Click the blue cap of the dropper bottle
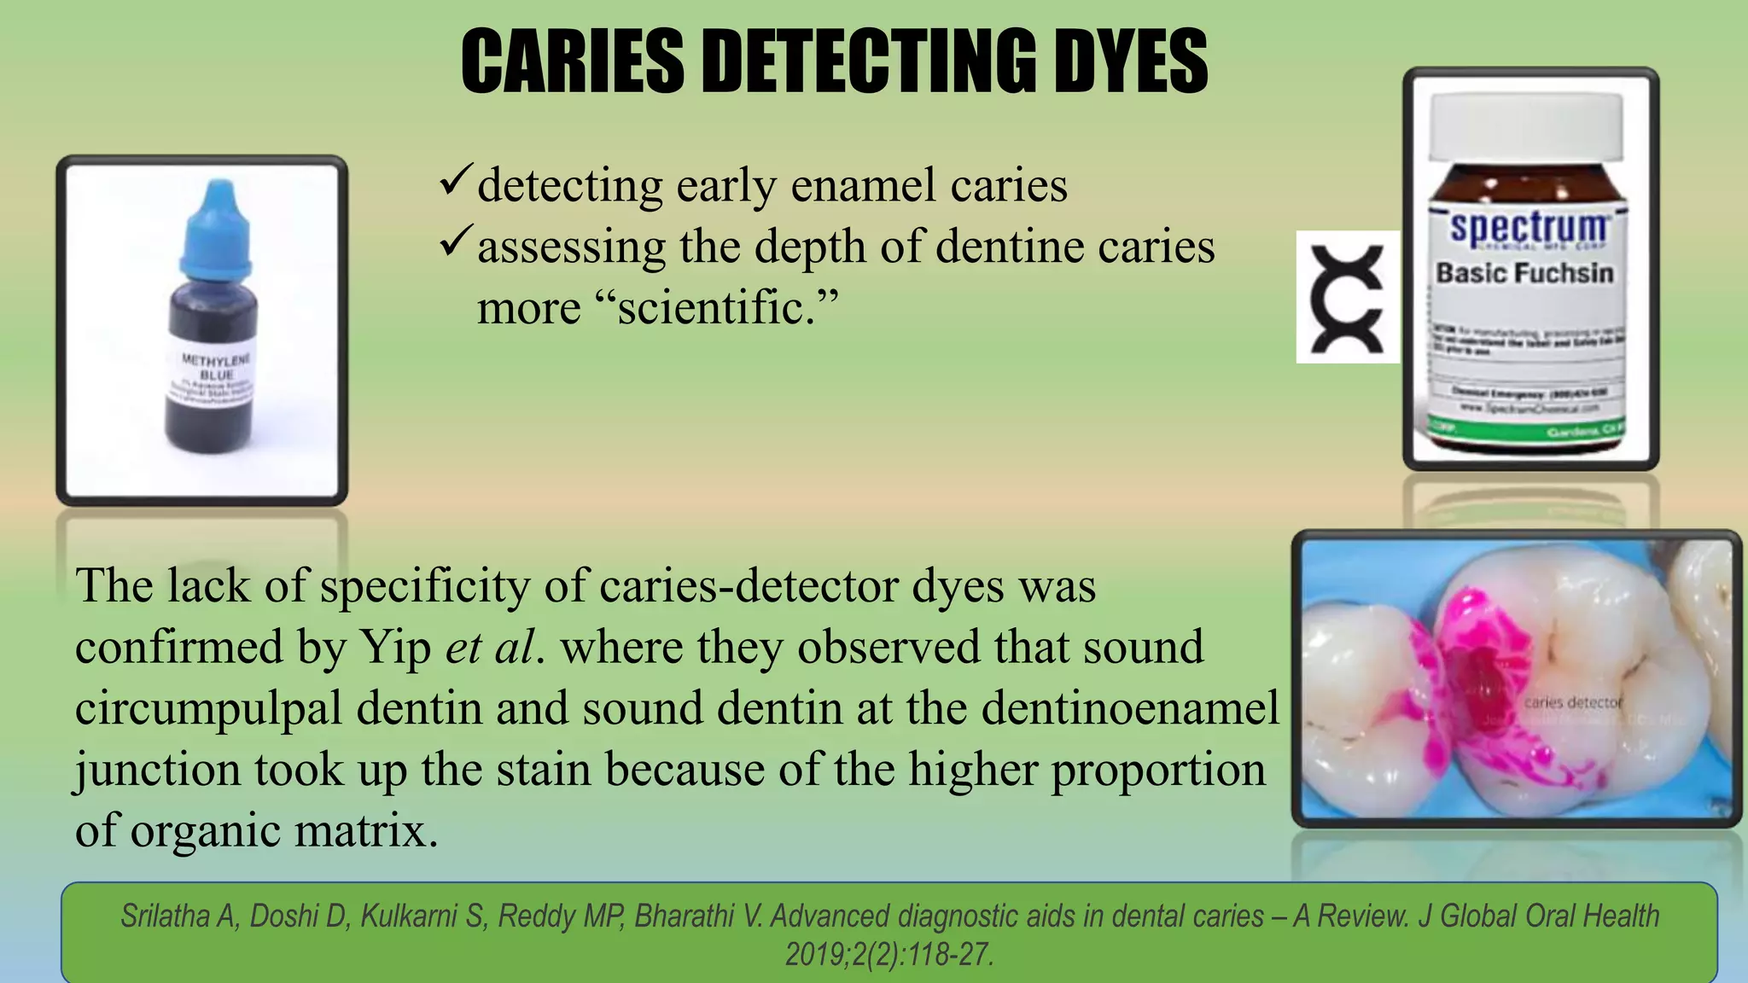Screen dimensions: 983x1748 point(217,230)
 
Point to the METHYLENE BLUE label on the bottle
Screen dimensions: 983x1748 point(217,368)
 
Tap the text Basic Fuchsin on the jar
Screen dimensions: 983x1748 point(1524,273)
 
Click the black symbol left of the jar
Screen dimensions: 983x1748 point(1347,298)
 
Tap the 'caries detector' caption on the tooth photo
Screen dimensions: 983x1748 point(1572,702)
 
